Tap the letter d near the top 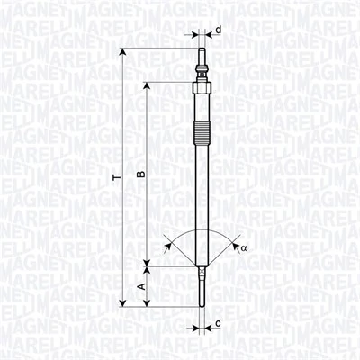coord(218,31)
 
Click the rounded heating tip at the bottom coord(201,301)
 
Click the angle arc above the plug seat coord(201,229)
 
